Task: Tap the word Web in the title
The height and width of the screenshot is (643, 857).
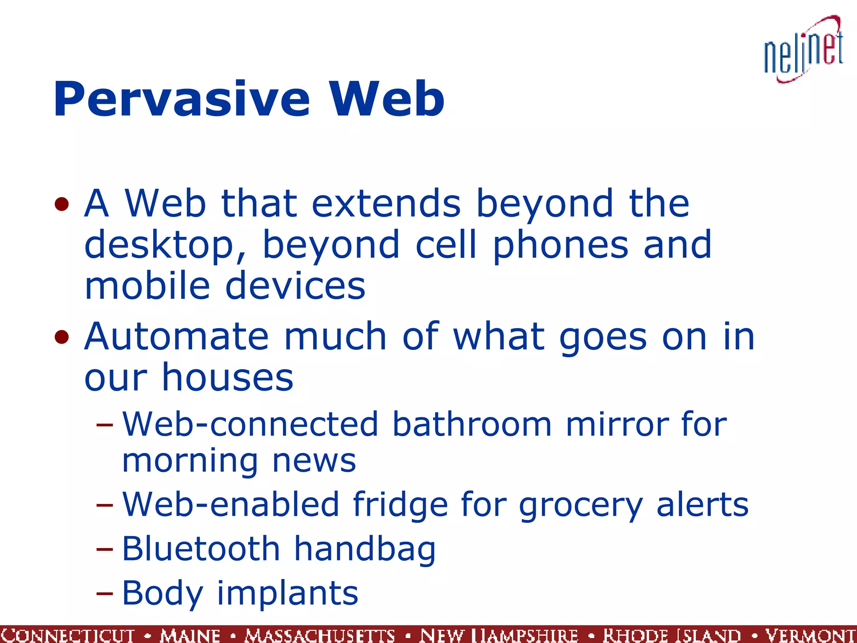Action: click(387, 99)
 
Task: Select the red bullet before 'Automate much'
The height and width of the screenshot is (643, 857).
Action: click(62, 337)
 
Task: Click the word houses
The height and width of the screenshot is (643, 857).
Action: click(228, 377)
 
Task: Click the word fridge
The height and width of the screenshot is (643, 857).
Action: click(399, 505)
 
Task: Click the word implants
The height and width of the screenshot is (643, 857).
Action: click(287, 594)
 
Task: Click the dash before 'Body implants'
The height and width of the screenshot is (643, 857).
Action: click(104, 594)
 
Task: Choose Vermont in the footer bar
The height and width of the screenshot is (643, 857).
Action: click(810, 635)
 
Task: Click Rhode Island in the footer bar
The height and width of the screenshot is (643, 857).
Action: click(672, 635)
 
